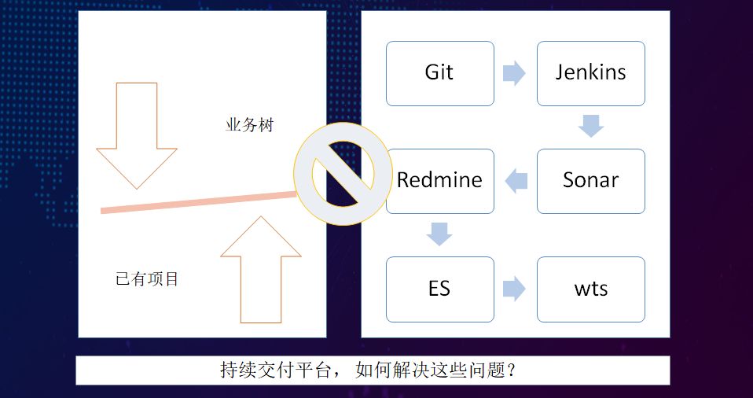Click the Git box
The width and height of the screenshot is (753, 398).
(439, 73)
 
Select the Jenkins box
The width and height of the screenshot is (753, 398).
(590, 73)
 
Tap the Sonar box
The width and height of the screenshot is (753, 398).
(590, 180)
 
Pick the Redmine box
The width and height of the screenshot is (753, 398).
(439, 180)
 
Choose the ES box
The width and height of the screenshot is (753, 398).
(439, 288)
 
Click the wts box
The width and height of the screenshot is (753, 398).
(590, 288)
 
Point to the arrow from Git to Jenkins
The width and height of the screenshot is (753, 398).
(514, 73)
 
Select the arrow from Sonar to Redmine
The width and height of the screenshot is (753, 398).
(516, 181)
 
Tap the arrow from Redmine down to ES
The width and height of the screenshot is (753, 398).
(439, 234)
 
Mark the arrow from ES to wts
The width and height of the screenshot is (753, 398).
(514, 288)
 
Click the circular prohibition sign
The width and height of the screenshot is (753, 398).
(343, 172)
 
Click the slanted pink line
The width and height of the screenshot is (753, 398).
(197, 201)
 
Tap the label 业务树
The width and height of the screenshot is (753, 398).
(249, 125)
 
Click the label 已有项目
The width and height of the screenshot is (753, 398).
(147, 278)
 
